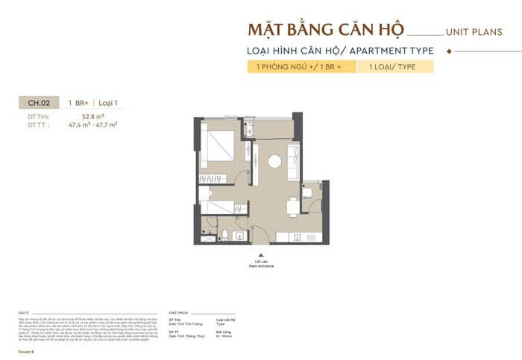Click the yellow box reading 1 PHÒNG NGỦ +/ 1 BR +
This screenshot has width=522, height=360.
[x=299, y=67]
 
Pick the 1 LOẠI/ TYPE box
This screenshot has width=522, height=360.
[x=396, y=67]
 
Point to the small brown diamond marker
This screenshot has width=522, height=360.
[x=448, y=51]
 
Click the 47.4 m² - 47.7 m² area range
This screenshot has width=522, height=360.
[x=93, y=124]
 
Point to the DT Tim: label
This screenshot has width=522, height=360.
[x=39, y=117]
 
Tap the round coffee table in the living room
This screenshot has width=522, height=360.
[x=275, y=161]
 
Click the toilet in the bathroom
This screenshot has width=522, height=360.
[x=224, y=235]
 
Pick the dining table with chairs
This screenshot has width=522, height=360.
[x=294, y=206]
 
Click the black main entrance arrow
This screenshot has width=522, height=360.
[x=260, y=254]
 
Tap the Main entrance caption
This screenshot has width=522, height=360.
[x=260, y=265]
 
